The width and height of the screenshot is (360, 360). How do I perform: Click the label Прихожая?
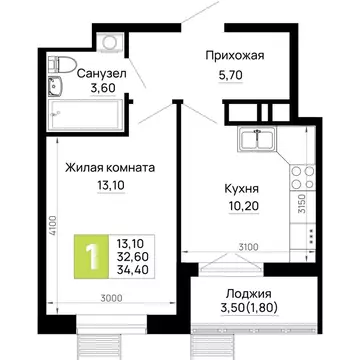tap(234, 56)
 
